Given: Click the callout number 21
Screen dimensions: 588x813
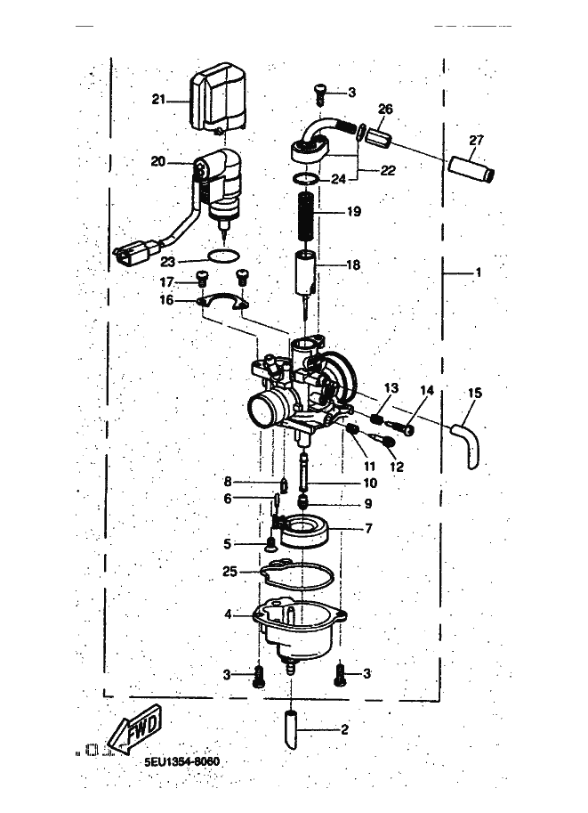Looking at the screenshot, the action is (158, 99).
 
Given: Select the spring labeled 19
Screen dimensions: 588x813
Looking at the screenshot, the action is (307, 213).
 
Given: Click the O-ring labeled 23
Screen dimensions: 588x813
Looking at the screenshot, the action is (223, 256).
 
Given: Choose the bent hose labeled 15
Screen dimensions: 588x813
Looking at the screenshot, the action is (468, 443).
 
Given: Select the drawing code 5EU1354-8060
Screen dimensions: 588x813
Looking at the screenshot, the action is (181, 761).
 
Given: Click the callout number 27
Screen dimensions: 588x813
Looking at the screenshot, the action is (476, 140).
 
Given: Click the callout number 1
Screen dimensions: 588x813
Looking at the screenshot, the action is (479, 272).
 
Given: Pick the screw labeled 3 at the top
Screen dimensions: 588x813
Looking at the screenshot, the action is (321, 95).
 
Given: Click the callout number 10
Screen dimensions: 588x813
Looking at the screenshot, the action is (370, 483).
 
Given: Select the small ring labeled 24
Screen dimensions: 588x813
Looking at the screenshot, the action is (306, 179).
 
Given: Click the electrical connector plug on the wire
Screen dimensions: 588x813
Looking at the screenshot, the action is (132, 254).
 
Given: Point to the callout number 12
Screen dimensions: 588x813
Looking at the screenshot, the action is (397, 467).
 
